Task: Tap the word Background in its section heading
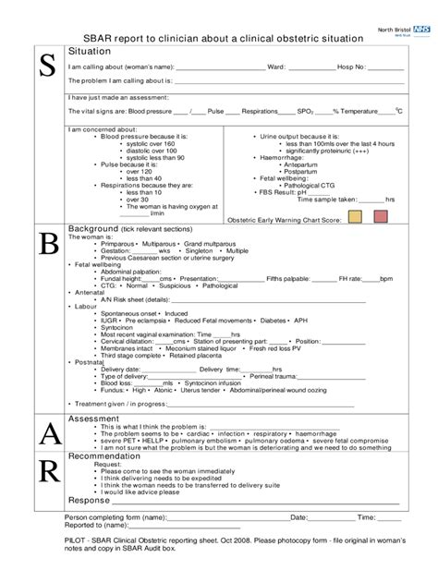(93, 228)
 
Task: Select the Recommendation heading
(110, 456)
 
